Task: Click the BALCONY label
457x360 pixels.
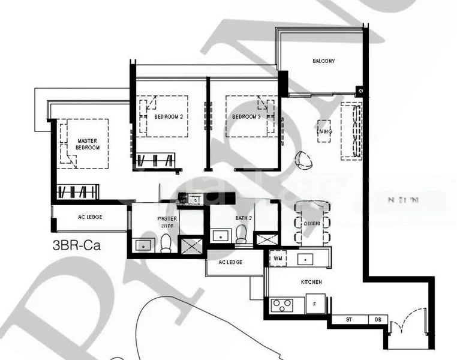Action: click(x=323, y=61)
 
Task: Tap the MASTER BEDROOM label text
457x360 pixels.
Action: click(x=88, y=144)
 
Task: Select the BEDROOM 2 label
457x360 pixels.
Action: click(x=168, y=116)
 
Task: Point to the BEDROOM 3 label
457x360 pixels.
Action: click(x=246, y=116)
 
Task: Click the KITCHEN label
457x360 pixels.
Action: click(x=311, y=281)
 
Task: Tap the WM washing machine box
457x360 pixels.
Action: click(x=278, y=259)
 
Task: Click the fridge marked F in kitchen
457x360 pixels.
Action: click(x=315, y=304)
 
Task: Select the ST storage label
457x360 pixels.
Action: click(x=349, y=320)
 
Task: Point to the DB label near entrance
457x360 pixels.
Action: click(x=377, y=320)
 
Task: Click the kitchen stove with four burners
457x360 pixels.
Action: click(x=281, y=305)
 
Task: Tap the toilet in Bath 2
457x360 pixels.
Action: click(x=241, y=235)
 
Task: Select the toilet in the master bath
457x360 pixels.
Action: click(x=166, y=243)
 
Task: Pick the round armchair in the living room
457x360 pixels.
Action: click(x=303, y=159)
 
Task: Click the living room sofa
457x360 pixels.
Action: click(x=351, y=130)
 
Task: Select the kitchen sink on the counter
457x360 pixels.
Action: click(x=306, y=259)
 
